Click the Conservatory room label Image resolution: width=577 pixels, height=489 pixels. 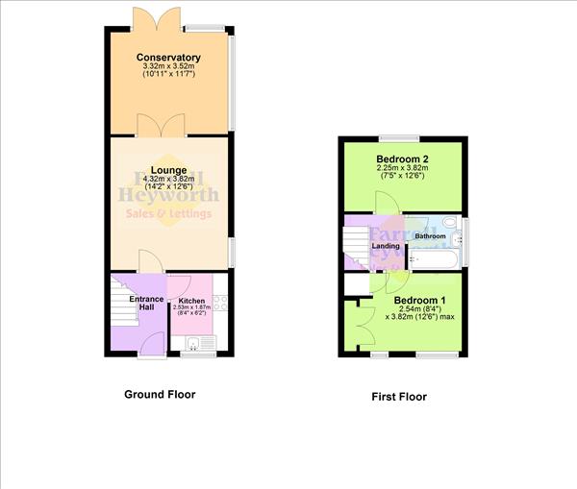168,58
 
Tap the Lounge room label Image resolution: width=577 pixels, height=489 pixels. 167,169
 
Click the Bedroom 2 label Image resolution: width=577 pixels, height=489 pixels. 402,159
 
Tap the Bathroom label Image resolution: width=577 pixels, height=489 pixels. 430,236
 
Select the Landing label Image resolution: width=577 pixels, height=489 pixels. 386,246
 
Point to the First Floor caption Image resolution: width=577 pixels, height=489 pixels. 399,396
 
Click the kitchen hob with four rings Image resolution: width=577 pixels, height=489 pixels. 219,300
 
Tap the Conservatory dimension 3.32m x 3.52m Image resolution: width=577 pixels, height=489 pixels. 168,68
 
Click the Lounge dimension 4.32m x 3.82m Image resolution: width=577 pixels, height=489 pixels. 167,180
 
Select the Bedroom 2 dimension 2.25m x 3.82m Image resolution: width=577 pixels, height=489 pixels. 402,169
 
